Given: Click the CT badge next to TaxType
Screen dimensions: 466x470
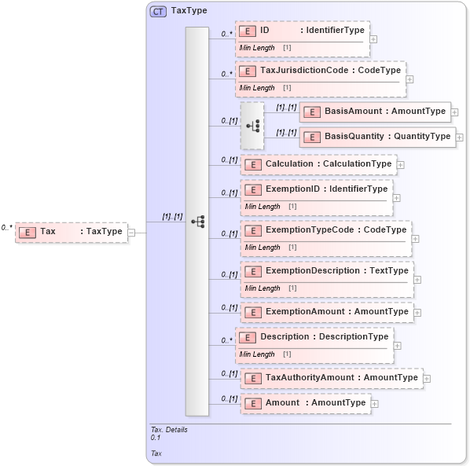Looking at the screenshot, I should [158, 12].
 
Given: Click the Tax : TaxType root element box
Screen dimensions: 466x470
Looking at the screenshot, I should [72, 232].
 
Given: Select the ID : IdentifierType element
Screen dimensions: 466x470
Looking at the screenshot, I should [303, 31].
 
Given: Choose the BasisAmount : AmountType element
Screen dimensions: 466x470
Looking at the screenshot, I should [375, 112].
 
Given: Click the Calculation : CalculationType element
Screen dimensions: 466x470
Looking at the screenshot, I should [318, 164].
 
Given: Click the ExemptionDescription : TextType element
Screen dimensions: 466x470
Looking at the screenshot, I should [327, 271].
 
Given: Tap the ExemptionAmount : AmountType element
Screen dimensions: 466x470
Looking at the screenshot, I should [327, 312].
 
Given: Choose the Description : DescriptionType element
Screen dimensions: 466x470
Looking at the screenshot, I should [314, 337].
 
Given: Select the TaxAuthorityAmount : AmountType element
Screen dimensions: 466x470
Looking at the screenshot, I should [331, 378].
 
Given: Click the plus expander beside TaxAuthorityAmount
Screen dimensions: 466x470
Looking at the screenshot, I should [427, 379].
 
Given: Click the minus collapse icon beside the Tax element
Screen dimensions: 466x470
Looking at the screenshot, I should [131, 233].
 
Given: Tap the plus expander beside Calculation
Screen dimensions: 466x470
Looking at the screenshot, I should [401, 165].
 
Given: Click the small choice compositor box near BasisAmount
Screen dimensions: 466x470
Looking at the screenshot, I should [252, 125].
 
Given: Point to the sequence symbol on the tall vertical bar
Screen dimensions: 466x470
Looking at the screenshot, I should [197, 222].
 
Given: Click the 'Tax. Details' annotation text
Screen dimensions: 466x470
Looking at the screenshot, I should [169, 430].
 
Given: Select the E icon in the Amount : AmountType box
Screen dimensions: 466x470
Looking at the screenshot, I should [253, 403].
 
